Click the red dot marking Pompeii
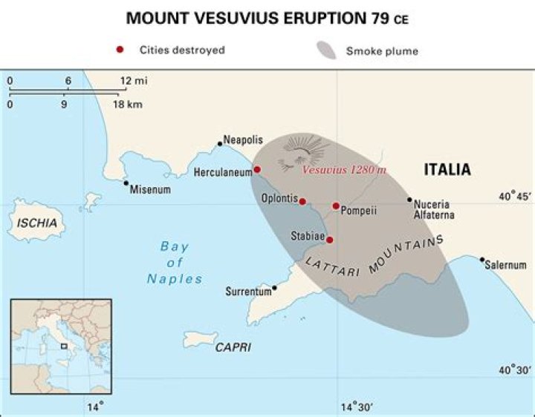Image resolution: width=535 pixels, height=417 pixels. (336, 206)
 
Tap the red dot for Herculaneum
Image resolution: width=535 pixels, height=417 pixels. (257, 169)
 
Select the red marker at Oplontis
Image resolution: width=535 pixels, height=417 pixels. (302, 200)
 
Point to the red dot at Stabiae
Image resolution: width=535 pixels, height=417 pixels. (330, 240)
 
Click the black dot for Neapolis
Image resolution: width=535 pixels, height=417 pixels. (220, 143)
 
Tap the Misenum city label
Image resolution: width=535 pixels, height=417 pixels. (151, 190)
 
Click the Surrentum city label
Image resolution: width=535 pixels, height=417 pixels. (248, 292)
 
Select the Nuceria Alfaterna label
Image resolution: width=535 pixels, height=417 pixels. (434, 209)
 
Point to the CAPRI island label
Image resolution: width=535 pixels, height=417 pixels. (233, 347)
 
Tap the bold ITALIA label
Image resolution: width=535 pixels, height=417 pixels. (447, 170)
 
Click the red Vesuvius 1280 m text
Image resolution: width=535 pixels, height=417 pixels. (344, 170)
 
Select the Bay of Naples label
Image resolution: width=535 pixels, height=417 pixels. (175, 263)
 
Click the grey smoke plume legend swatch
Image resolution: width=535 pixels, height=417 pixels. (327, 51)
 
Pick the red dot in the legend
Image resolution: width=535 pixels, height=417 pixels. (120, 50)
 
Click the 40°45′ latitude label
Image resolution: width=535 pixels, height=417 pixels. (514, 197)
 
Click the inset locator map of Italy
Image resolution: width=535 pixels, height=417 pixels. (60, 346)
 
